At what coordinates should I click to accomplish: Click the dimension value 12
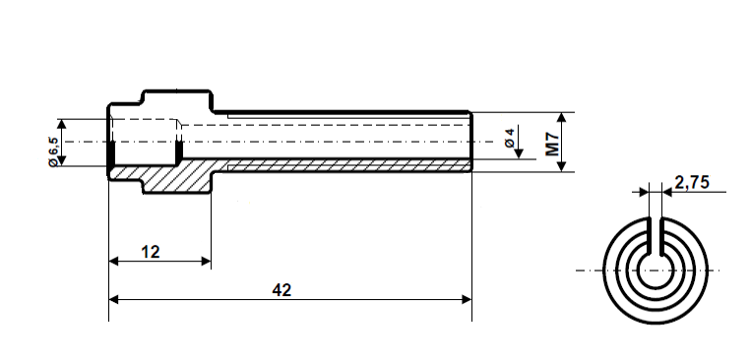(x=150, y=252)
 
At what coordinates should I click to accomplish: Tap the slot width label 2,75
(x=693, y=182)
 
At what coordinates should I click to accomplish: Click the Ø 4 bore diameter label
(x=509, y=139)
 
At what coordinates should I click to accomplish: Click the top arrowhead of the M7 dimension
(x=562, y=116)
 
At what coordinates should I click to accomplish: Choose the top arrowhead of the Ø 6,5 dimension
(x=62, y=125)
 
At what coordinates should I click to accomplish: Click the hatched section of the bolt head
(x=177, y=177)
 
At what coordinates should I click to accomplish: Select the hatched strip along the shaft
(x=344, y=162)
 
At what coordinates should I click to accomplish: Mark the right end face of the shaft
(x=471, y=143)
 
